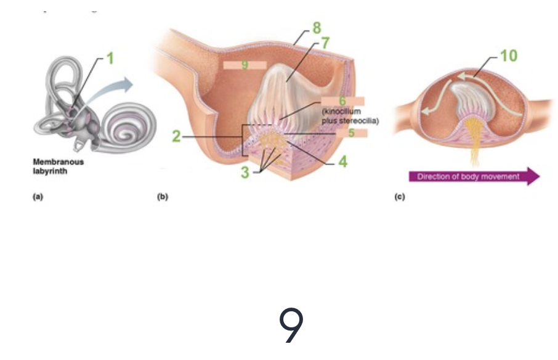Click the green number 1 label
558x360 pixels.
[110, 59]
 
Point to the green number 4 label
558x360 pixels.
[343, 163]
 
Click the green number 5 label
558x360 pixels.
[352, 132]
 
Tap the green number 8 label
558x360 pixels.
[316, 28]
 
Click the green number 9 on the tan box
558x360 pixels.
[245, 64]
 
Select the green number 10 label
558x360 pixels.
[508, 56]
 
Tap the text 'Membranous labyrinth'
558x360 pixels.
[51, 167]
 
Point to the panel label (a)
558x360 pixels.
[37, 197]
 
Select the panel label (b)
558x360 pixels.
[163, 197]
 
